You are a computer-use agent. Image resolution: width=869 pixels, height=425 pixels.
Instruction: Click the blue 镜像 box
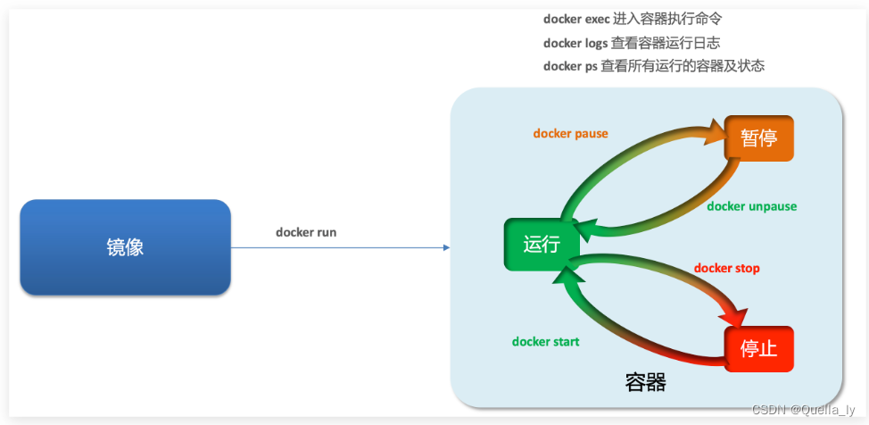click(125, 247)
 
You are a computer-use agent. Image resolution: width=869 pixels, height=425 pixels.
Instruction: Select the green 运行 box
click(541, 244)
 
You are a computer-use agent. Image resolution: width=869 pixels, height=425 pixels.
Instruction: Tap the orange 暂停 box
click(758, 138)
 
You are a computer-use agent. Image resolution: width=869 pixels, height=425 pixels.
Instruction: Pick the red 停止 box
click(758, 348)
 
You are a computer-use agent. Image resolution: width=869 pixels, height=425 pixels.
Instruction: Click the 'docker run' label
click(306, 232)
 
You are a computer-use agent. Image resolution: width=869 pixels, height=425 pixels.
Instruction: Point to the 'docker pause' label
click(570, 134)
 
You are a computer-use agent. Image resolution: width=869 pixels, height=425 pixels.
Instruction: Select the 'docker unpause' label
click(751, 206)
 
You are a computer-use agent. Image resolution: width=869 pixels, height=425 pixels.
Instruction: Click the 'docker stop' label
click(726, 268)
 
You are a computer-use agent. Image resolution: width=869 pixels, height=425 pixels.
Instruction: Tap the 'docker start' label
click(545, 341)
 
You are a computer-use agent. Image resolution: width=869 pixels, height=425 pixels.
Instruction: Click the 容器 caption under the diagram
click(645, 383)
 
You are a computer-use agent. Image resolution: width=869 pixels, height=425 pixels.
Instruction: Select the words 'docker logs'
click(575, 43)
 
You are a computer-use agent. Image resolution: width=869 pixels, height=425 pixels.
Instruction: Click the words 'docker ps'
click(570, 66)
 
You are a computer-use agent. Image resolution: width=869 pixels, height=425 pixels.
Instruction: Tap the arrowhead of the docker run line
click(446, 247)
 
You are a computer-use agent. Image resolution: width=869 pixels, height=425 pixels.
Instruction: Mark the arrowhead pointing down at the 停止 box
click(737, 318)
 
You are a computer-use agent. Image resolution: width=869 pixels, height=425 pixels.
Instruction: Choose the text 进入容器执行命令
click(668, 19)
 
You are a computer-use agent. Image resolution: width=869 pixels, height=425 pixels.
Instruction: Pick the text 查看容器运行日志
click(666, 43)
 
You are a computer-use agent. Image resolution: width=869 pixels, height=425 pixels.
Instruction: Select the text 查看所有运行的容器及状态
click(683, 66)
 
